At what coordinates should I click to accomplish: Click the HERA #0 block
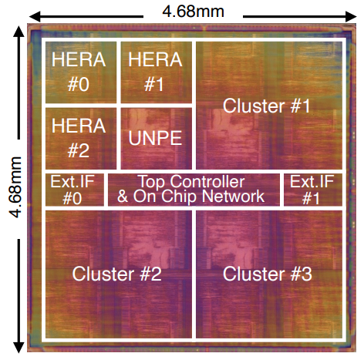pos(81,72)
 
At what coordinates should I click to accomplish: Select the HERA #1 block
pos(157,72)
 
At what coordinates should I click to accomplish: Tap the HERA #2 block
pos(81,138)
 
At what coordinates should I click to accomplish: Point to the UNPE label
pos(155,138)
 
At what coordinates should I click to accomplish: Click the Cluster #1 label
pos(267,106)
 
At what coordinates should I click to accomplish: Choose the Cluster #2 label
pos(116,274)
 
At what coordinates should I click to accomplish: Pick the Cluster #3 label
pos(268,274)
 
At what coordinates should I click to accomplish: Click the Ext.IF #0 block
pos(75,190)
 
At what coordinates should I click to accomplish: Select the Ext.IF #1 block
pos(313,190)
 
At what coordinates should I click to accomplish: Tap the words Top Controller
pos(191,182)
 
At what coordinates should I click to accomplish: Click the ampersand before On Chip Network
pos(123,197)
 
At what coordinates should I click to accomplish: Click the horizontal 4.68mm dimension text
pos(193,12)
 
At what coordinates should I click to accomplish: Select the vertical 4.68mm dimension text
pos(16,187)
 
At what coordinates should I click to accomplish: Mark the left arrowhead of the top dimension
pos(35,17)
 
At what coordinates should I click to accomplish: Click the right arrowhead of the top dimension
pos(351,17)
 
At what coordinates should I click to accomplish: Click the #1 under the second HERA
pos(153,84)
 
